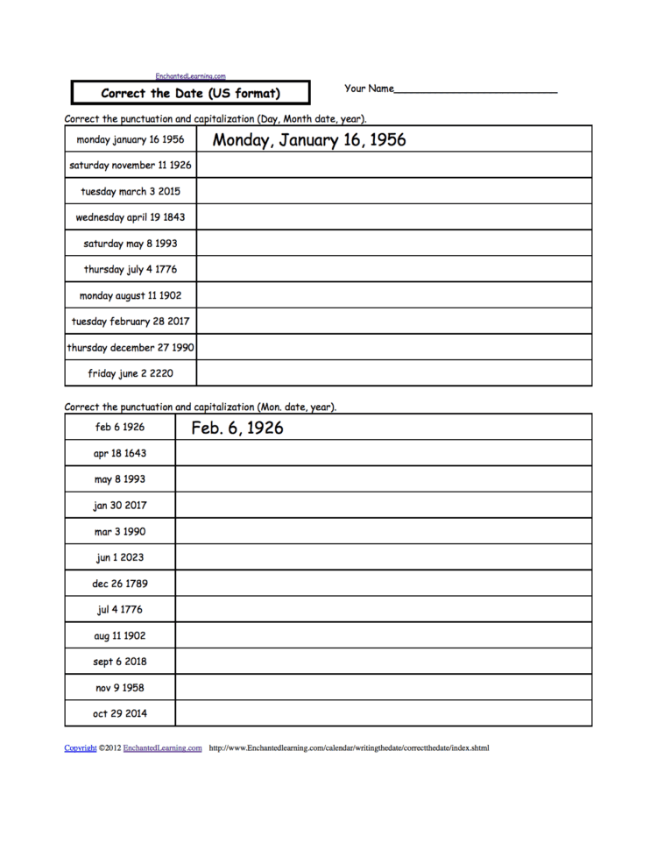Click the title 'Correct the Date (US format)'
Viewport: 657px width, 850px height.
click(190, 93)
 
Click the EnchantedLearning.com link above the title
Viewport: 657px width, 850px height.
click(190, 76)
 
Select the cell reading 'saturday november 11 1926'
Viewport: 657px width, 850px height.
click(131, 165)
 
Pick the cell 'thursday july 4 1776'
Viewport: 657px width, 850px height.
click(131, 269)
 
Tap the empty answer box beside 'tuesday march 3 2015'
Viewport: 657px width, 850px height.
click(394, 191)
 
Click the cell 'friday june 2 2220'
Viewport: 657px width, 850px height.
click(131, 373)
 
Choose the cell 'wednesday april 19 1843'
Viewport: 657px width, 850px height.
click(131, 216)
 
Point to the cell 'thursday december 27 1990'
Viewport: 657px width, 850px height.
click(131, 347)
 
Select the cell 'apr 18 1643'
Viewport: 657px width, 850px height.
click(120, 453)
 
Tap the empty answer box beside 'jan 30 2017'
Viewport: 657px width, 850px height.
click(383, 505)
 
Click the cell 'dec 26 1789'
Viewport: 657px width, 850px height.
click(120, 583)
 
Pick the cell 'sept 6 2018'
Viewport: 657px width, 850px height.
click(120, 661)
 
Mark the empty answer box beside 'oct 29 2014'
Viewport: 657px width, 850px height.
click(383, 713)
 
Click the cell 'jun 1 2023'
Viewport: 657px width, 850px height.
click(120, 557)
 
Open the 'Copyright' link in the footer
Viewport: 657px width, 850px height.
click(81, 748)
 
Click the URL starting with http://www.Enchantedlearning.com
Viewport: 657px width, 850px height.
click(349, 748)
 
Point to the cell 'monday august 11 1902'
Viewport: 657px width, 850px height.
click(131, 295)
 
